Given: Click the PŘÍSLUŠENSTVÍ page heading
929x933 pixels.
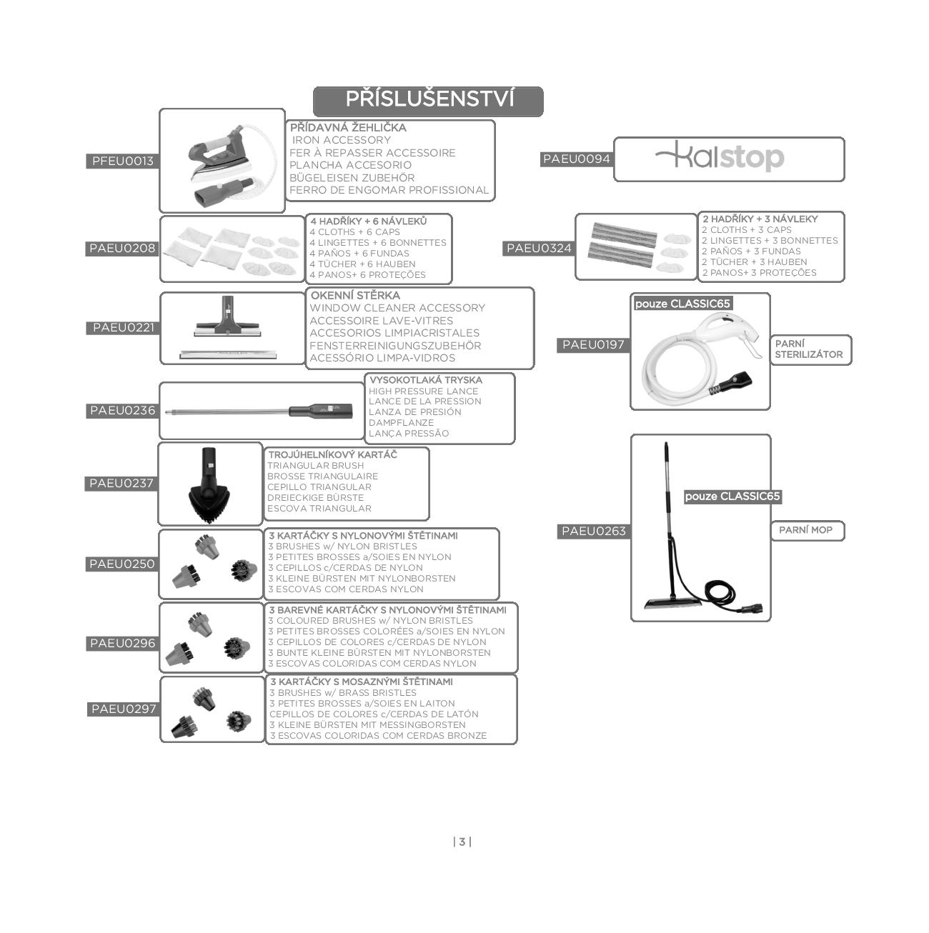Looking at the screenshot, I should (429, 100).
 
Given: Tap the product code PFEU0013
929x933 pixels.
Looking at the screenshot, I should (122, 161).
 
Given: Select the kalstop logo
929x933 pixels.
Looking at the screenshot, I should (720, 157).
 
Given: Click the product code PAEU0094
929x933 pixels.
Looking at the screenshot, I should (576, 159).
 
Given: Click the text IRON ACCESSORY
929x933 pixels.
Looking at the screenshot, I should (342, 140).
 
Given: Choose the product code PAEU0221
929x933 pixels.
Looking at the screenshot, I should (123, 328).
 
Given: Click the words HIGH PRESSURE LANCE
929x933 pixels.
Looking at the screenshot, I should (423, 391).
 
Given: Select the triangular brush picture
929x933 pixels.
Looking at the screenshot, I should (210, 484).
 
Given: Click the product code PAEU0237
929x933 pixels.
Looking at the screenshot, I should (121, 484).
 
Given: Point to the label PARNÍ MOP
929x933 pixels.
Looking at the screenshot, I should (805, 530).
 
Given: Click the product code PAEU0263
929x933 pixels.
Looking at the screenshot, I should (593, 531).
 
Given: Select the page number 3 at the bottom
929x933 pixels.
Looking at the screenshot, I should (462, 842).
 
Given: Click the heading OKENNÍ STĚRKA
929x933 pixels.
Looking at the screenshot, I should (355, 295).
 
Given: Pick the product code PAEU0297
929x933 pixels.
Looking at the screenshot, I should (124, 709).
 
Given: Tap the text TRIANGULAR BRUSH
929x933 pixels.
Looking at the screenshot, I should (315, 466).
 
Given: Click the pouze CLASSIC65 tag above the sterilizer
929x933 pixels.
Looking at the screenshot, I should (682, 304).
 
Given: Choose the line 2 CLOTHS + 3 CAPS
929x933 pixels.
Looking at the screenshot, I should (746, 230).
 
